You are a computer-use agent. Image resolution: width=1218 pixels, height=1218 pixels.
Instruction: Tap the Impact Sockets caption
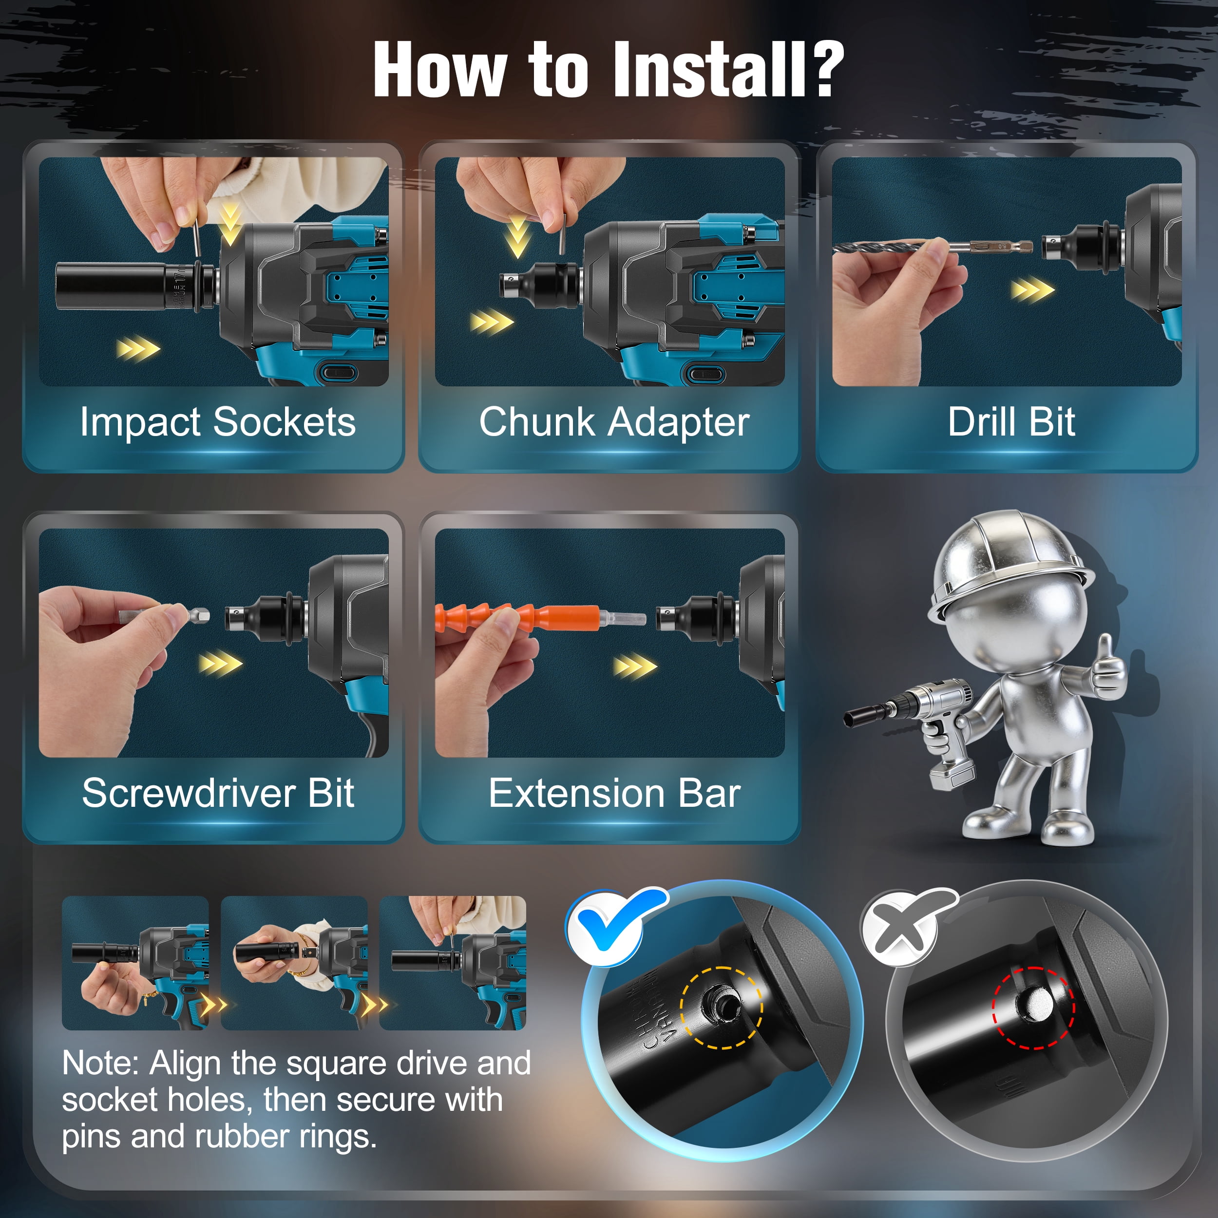tap(217, 422)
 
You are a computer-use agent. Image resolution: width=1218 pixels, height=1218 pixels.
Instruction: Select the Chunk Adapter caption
tap(614, 422)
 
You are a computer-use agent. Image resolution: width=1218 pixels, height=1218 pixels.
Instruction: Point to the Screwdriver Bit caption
tap(218, 793)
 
